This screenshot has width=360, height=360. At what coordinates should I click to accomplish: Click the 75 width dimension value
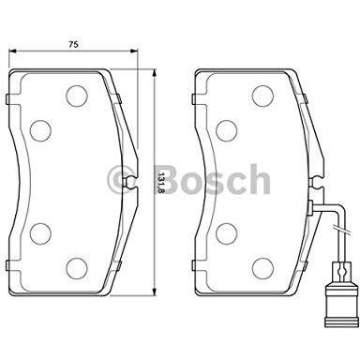click(73, 44)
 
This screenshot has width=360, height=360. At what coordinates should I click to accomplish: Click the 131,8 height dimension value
click(161, 183)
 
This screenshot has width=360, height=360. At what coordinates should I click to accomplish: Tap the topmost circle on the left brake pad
click(77, 96)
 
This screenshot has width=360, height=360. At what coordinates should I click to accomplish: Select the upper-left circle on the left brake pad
click(40, 130)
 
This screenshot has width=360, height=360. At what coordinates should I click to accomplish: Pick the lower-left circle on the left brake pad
click(40, 233)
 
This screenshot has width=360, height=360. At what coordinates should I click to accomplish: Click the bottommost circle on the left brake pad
click(77, 268)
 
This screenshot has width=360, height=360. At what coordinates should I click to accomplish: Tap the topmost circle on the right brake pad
click(262, 96)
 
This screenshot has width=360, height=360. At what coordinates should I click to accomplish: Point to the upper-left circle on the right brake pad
click(226, 130)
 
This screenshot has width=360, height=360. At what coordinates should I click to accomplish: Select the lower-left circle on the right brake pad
click(226, 233)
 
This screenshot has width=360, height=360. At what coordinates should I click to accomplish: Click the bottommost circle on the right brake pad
click(262, 268)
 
